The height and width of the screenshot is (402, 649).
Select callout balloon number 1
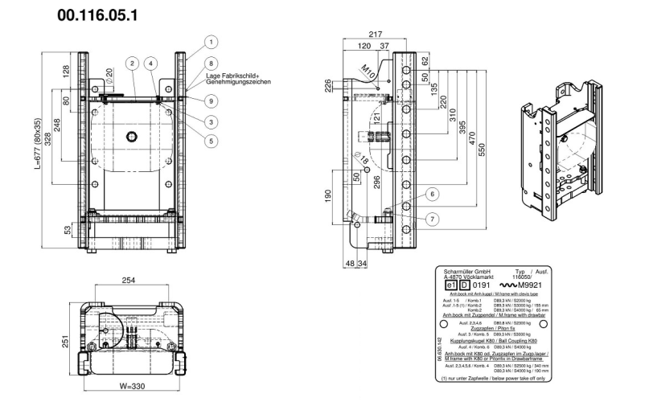pyautogui.click(x=210, y=42)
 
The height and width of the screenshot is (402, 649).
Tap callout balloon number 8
pyautogui.click(x=210, y=62)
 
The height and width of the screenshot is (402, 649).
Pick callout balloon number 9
pyautogui.click(x=210, y=101)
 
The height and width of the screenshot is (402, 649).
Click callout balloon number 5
pyautogui.click(x=210, y=141)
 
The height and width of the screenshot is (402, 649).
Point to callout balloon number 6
pyautogui.click(x=432, y=194)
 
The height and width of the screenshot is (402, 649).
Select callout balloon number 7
pyautogui.click(x=432, y=218)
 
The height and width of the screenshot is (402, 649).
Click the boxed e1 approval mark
pyautogui.click(x=450, y=285)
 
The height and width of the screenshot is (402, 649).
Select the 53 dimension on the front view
pyautogui.click(x=68, y=229)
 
